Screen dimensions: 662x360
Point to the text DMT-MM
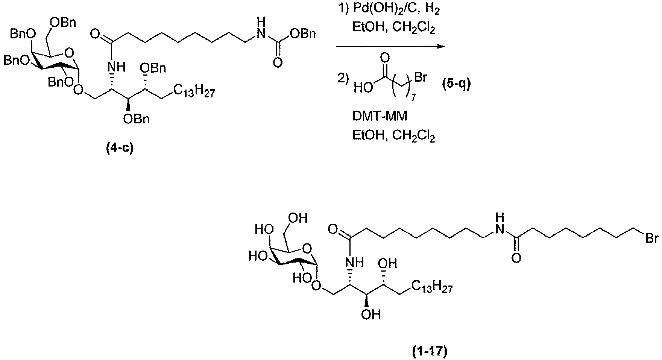(x=380, y=117)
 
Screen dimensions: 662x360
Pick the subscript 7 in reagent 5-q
(x=413, y=98)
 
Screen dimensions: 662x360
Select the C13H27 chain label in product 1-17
(x=431, y=288)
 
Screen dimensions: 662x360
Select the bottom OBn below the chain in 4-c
(x=137, y=119)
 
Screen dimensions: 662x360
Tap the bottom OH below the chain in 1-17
(x=371, y=314)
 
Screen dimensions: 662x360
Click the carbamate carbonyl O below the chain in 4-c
(x=278, y=62)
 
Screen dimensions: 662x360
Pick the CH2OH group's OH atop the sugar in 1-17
(x=299, y=218)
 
